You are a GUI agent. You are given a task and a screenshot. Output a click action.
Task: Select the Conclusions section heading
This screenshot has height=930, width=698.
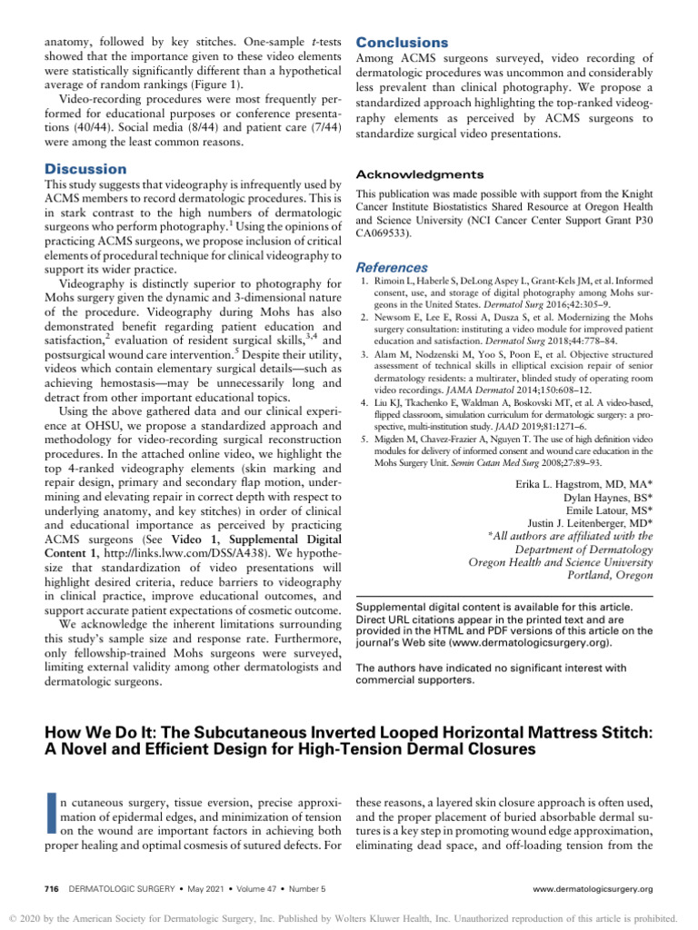pos(402,43)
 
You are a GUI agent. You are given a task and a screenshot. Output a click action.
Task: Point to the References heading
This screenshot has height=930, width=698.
pos(392,268)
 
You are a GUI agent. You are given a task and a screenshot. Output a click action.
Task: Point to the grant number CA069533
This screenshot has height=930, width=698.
pos(386,233)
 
